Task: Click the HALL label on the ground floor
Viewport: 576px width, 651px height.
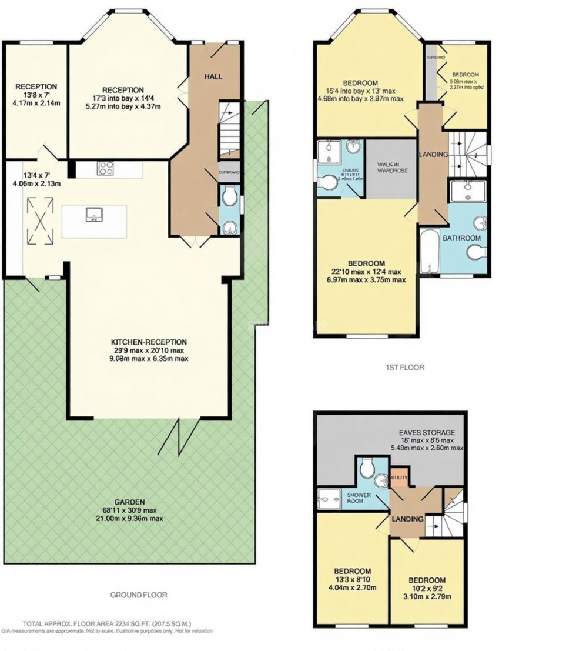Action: pos(214,77)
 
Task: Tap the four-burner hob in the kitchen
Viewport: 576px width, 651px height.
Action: pos(106,169)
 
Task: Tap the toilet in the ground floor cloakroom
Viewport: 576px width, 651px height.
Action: pos(230,195)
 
